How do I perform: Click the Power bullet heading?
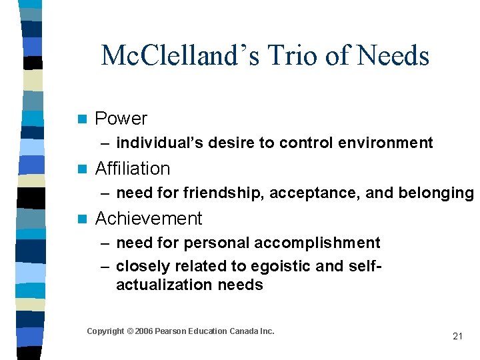(121, 119)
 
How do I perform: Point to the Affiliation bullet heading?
(133, 169)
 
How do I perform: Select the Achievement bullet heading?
(149, 219)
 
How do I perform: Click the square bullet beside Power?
(82, 119)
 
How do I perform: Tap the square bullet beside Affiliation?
(82, 169)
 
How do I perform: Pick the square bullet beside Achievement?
(82, 219)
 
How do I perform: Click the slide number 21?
(457, 336)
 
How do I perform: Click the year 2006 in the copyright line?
(143, 331)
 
